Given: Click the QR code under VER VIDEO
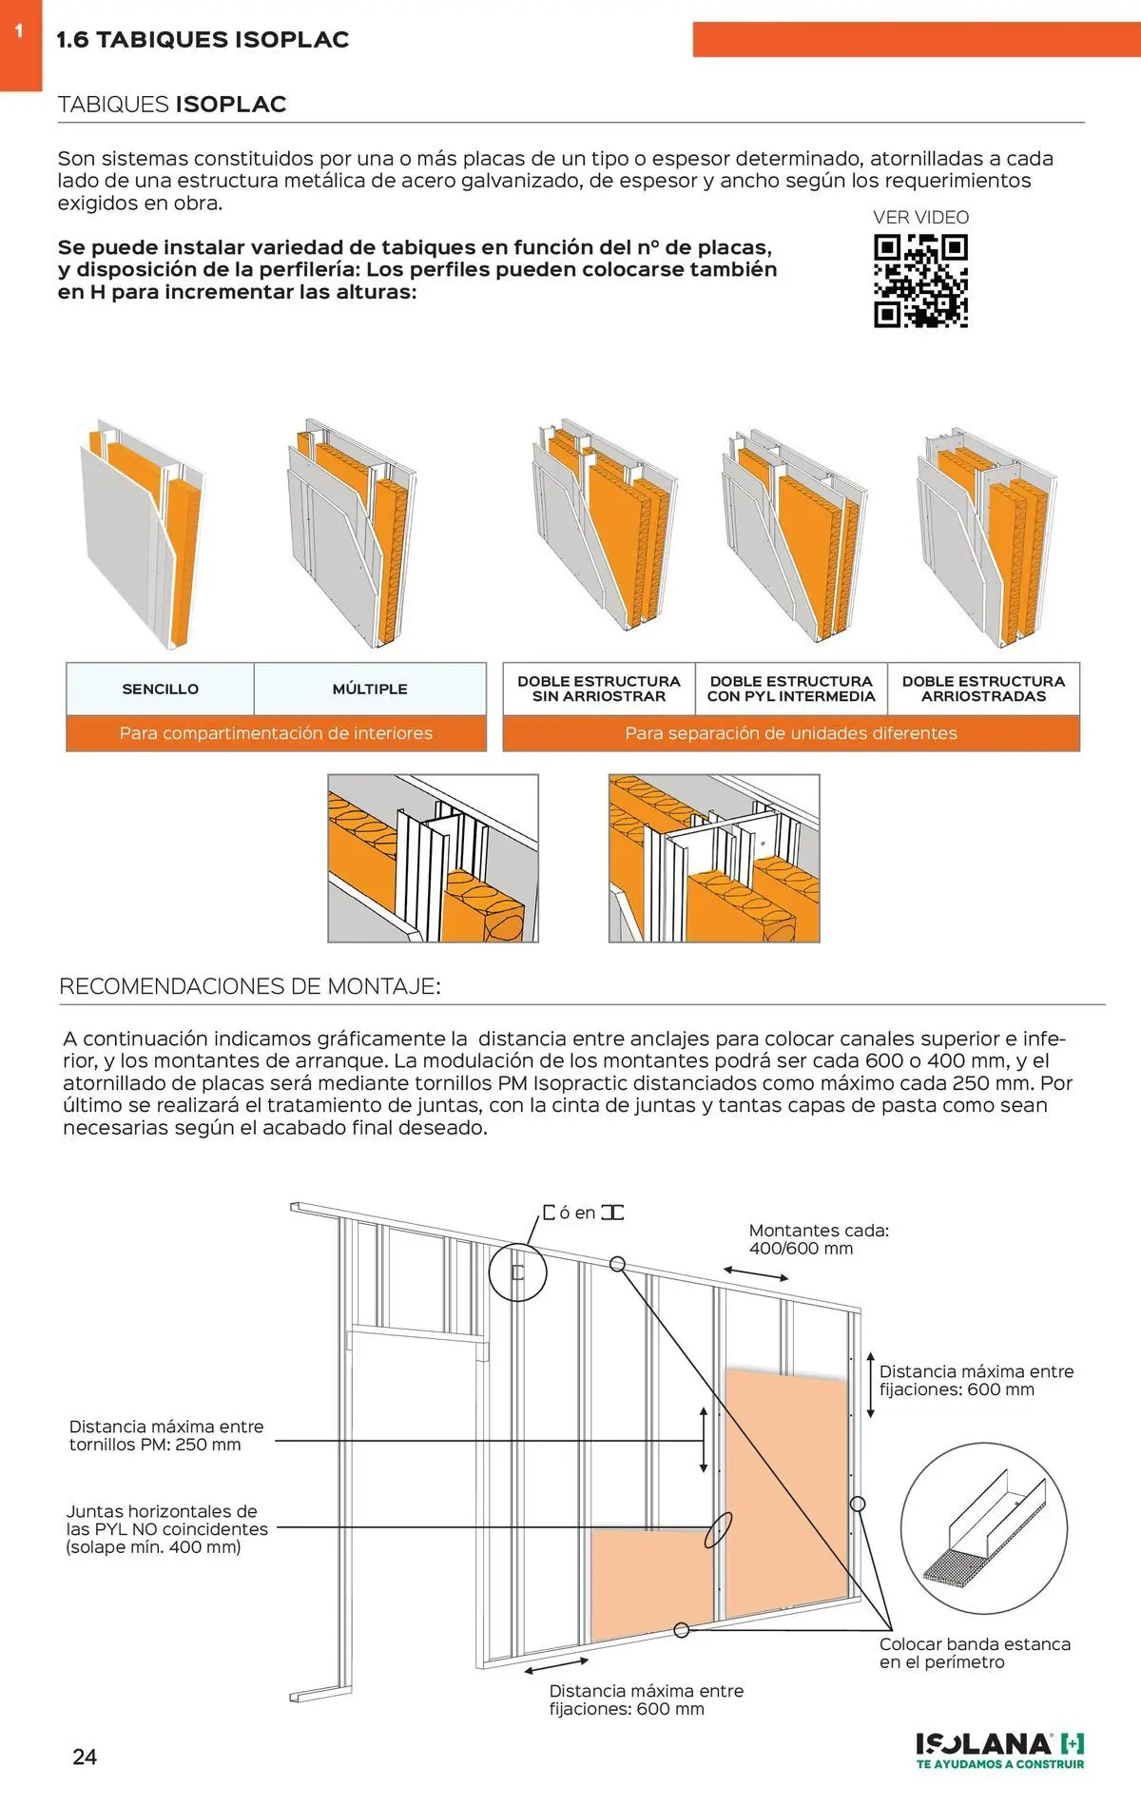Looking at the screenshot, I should [920, 282].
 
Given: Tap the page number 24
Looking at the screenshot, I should [85, 1757].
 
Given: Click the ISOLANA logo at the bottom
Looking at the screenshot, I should [999, 1749].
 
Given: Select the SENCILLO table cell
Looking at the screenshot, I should [160, 689].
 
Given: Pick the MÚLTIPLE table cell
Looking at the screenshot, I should [370, 689].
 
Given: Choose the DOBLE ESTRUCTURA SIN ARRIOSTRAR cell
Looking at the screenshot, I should [599, 689].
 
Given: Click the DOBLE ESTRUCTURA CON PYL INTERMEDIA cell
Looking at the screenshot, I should [791, 689].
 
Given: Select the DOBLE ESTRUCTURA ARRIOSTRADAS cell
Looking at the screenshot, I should [983, 689].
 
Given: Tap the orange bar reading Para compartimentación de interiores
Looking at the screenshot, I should [276, 733].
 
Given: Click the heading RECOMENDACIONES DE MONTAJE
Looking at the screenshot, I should [250, 986].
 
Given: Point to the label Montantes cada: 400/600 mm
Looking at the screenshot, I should [818, 1239].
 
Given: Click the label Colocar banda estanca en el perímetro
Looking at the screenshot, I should [974, 1653].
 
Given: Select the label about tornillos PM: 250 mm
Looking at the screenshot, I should [166, 1435].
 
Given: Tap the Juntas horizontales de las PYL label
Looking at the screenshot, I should [166, 1528].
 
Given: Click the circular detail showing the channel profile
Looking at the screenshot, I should [983, 1528].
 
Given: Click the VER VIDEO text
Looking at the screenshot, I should [920, 218].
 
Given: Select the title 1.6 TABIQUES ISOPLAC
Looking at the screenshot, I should [203, 40].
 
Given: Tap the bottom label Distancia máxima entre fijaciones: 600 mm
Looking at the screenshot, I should [646, 1699].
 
